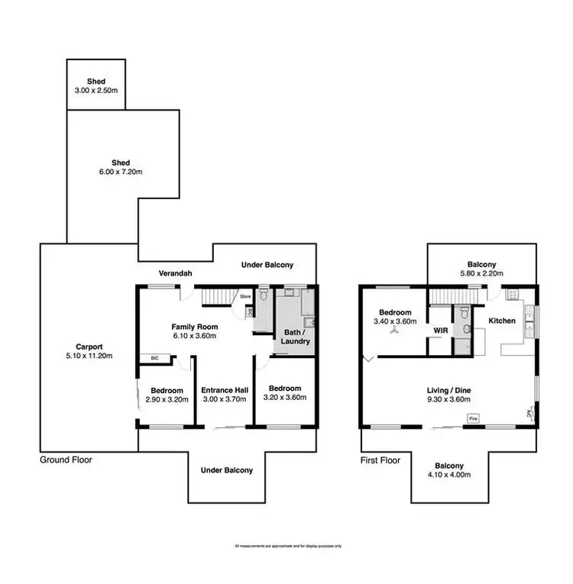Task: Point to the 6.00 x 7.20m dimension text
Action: [120, 172]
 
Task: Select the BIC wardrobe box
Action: [154, 357]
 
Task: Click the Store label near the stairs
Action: [245, 296]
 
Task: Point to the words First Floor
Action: [380, 461]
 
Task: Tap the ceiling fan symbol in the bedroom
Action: [394, 322]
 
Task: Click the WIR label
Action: [440, 330]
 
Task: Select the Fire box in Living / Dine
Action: [473, 418]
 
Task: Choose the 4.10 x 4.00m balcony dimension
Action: [448, 475]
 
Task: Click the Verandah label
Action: [174, 273]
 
